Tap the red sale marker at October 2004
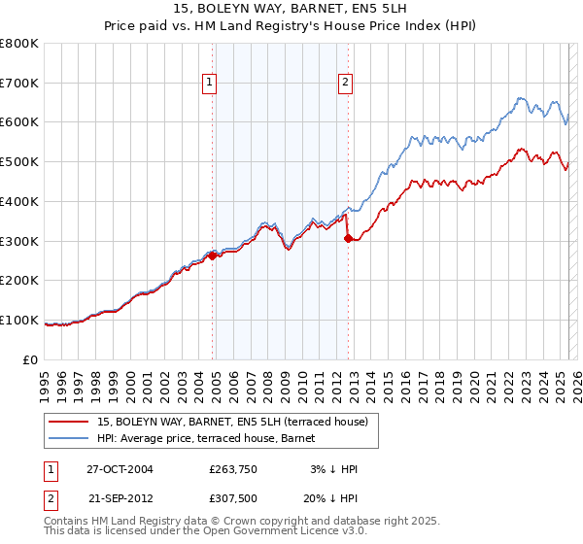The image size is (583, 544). pos(212,255)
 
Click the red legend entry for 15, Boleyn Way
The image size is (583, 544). pos(232,423)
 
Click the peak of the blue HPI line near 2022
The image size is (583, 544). pos(520,97)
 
